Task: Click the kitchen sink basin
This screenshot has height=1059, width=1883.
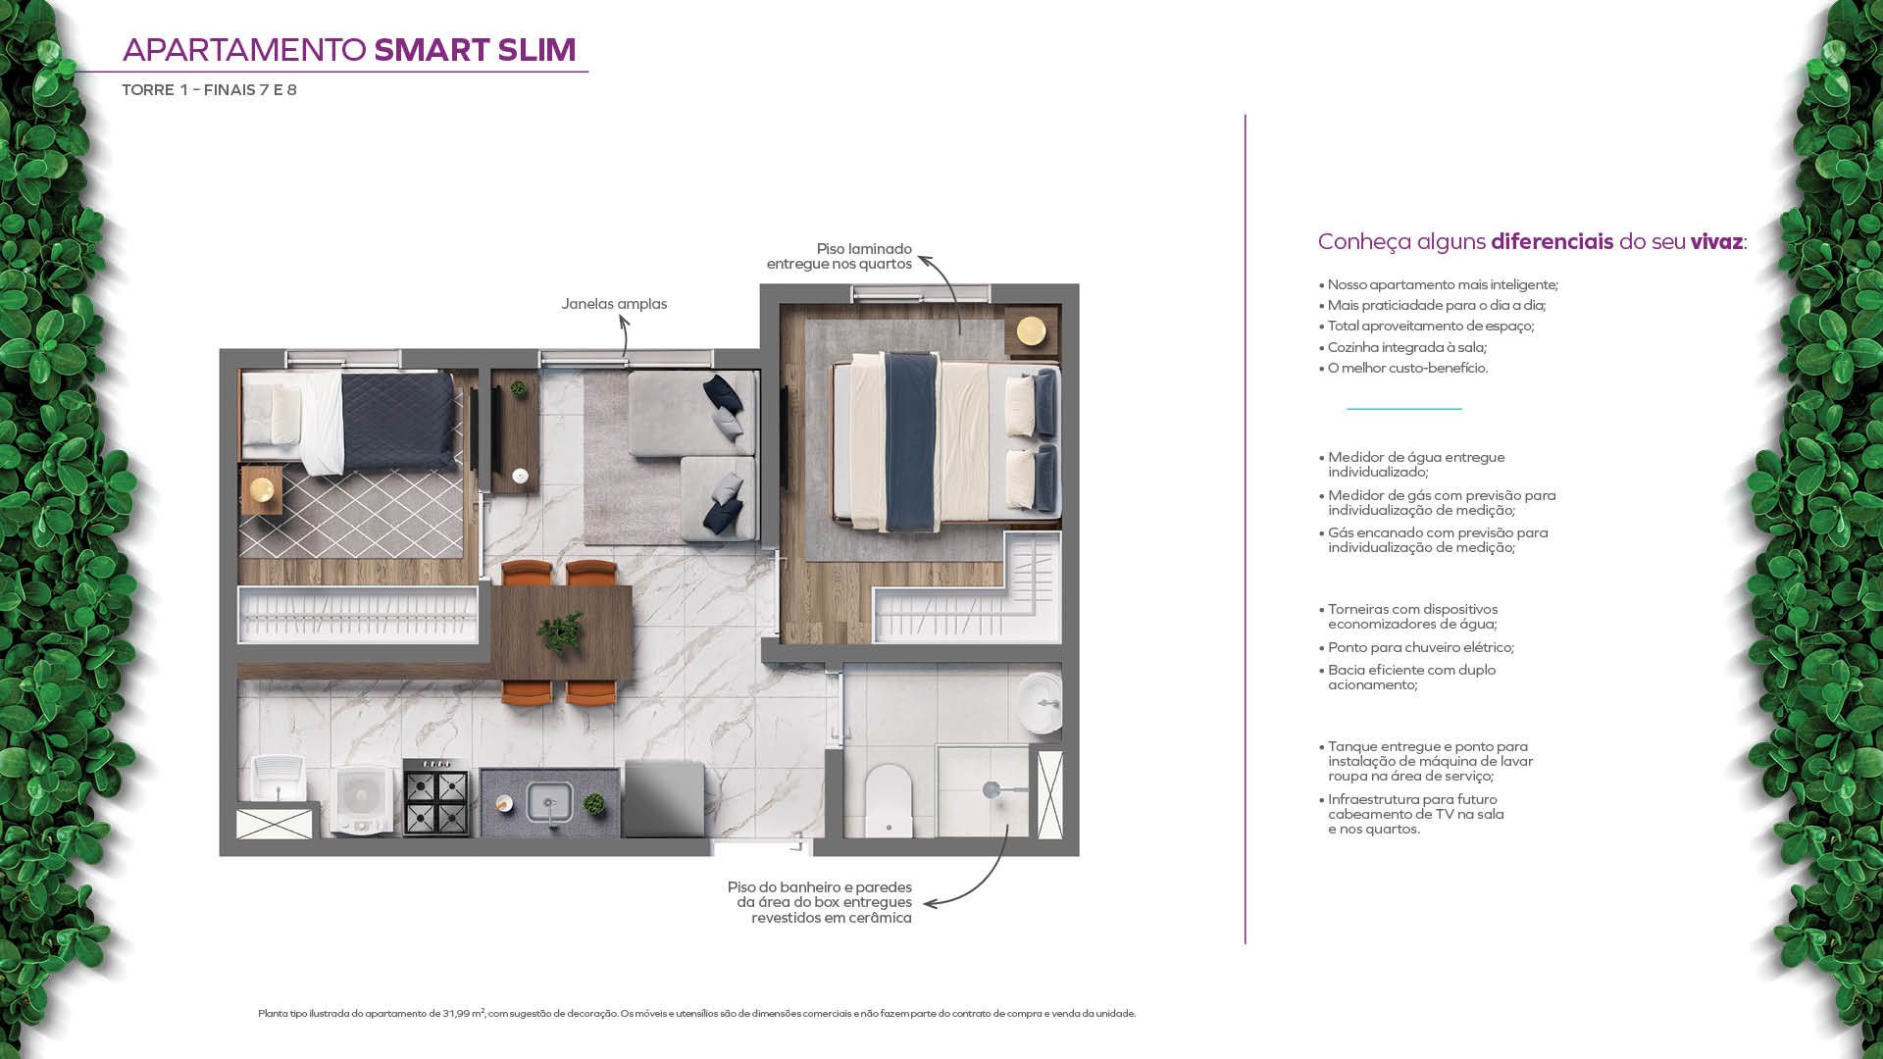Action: [549, 802]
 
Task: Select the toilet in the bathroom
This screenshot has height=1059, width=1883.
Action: [889, 800]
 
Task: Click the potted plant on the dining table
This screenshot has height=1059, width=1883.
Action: [560, 630]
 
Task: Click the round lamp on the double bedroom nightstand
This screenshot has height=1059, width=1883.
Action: [1031, 330]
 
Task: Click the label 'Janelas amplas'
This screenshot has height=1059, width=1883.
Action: [614, 304]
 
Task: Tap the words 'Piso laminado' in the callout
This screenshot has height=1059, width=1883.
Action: [864, 249]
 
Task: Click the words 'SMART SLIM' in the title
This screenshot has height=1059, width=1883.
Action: [475, 50]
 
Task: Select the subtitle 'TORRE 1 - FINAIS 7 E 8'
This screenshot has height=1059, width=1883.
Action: [209, 90]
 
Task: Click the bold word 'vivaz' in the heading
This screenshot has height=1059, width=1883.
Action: [1716, 242]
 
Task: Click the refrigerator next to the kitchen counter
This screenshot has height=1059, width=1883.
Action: [664, 799]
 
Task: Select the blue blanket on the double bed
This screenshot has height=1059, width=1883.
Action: [911, 441]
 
